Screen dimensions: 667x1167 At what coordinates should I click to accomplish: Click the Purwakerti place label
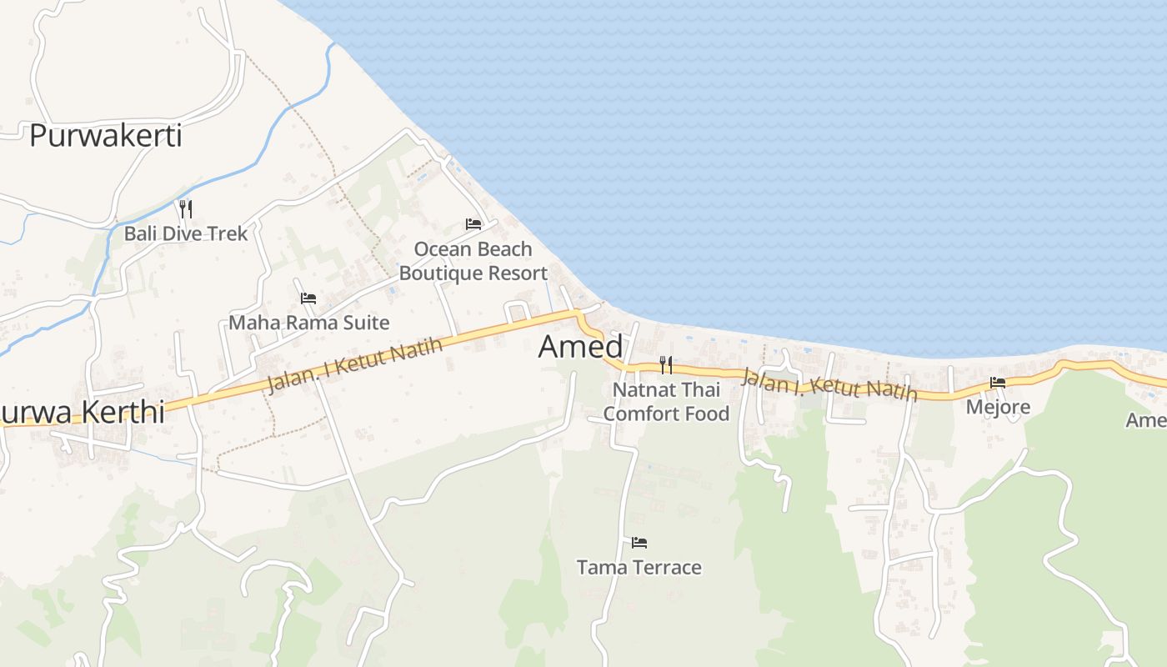[x=106, y=135]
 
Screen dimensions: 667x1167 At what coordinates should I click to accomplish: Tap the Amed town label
[x=580, y=347]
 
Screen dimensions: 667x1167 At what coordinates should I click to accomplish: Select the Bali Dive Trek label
[x=186, y=233]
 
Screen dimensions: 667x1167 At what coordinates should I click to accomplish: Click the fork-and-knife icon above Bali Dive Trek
[x=186, y=208]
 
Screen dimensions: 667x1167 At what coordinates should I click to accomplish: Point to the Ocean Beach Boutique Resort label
[x=473, y=261]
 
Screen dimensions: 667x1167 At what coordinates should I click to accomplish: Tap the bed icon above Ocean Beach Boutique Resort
[x=473, y=224]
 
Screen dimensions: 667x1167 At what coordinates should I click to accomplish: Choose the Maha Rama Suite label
[x=309, y=322]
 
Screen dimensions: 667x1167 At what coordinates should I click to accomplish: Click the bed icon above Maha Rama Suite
[x=308, y=298]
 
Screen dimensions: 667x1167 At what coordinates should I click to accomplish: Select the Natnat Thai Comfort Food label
[x=666, y=401]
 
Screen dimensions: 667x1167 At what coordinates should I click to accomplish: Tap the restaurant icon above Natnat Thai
[x=666, y=365]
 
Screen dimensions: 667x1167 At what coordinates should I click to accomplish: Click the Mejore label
[x=998, y=407]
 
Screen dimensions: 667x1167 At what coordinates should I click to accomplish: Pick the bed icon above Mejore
[x=998, y=383]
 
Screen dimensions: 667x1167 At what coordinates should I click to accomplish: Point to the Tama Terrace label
[x=639, y=568]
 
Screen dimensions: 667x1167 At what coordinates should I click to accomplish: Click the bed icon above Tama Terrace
[x=639, y=543]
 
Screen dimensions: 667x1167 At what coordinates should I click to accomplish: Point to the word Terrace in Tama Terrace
[x=667, y=568]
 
